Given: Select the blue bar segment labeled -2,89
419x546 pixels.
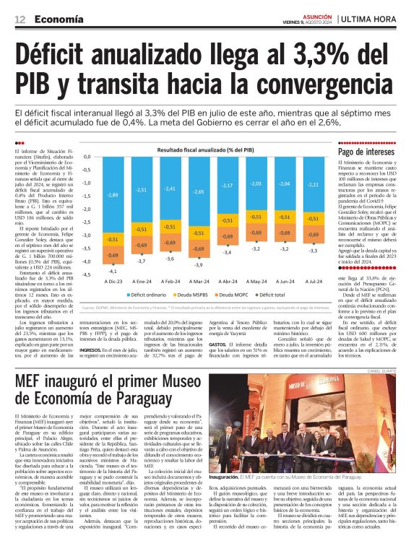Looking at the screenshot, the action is tap(113, 195).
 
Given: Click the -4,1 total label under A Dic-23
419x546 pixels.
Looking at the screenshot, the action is tap(113, 269).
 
